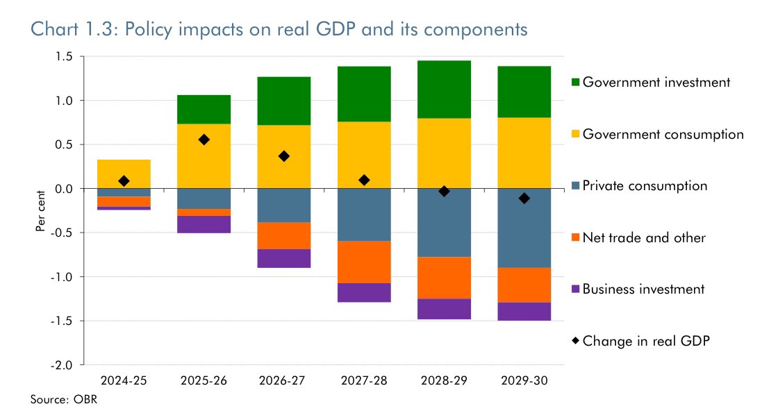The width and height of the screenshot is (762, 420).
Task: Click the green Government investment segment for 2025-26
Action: [204, 110]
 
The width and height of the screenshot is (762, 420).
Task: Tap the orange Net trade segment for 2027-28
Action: [364, 262]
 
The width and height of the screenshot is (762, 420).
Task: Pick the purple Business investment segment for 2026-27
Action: [284, 258]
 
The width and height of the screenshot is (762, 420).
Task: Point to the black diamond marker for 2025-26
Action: [204, 140]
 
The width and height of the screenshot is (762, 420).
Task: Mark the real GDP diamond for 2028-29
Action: [445, 191]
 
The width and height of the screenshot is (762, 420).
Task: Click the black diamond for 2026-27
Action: [284, 156]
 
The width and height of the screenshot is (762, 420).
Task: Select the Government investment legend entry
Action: [656, 83]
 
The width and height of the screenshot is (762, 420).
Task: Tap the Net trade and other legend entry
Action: [643, 238]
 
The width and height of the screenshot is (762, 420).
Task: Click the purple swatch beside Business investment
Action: [574, 289]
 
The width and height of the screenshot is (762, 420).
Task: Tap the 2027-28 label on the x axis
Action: [364, 380]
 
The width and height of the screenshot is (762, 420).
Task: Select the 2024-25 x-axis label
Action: [124, 380]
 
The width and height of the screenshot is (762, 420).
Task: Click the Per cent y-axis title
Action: [40, 210]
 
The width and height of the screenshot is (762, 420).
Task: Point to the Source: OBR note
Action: [56, 399]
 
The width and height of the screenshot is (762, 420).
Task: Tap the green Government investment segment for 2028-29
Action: [445, 90]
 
